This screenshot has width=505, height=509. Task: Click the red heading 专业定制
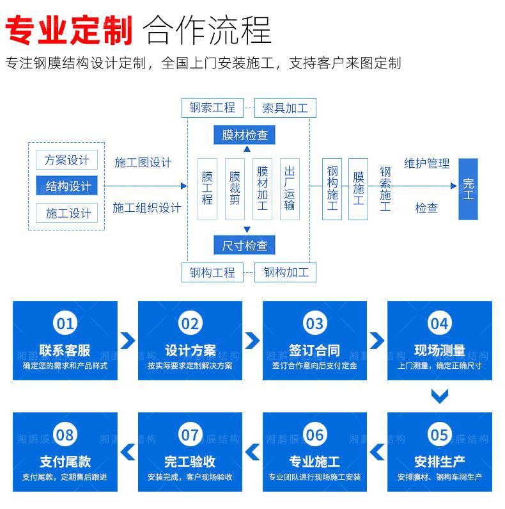click(x=68, y=30)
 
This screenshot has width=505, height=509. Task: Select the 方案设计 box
click(x=66, y=159)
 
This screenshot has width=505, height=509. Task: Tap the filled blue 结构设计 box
click(x=66, y=186)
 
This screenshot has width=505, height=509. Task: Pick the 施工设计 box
click(x=66, y=213)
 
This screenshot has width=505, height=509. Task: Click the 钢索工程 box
click(x=212, y=108)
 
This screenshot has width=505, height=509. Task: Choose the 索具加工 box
click(x=285, y=108)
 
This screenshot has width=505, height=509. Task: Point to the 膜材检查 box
click(x=244, y=134)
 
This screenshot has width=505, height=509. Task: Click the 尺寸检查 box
click(x=244, y=245)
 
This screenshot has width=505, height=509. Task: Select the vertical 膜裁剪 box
click(x=235, y=189)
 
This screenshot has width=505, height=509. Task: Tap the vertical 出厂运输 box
click(x=290, y=189)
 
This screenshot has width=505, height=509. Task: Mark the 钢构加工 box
click(x=285, y=272)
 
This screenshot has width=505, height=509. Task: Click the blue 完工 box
click(x=468, y=189)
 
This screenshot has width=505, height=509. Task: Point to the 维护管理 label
click(x=426, y=163)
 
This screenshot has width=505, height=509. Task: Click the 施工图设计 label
click(x=143, y=163)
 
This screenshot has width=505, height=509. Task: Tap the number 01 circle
click(x=65, y=323)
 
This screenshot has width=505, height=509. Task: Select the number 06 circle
click(x=315, y=435)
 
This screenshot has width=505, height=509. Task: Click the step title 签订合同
click(x=315, y=350)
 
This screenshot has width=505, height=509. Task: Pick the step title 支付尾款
click(x=65, y=462)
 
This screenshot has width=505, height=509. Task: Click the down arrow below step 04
click(x=440, y=396)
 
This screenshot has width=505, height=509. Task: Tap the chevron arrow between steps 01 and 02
click(x=128, y=341)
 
